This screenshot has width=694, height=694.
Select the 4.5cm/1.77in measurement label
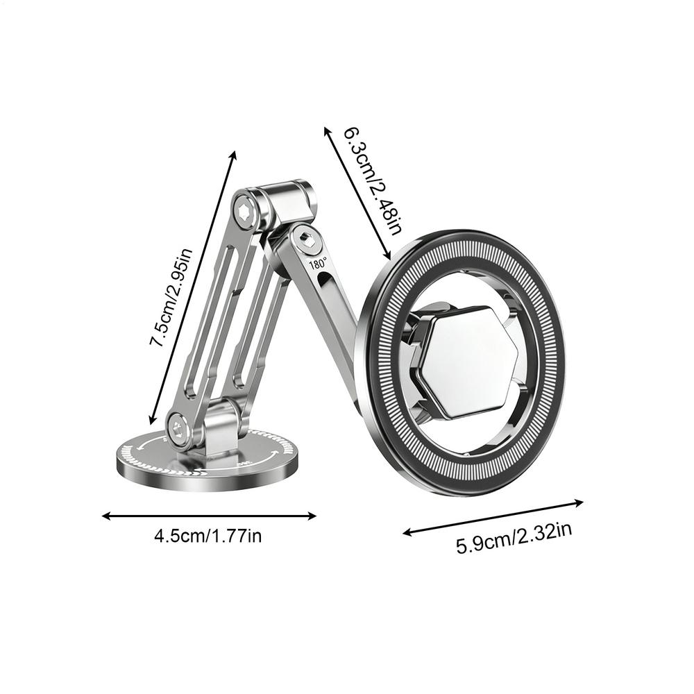tap(208, 536)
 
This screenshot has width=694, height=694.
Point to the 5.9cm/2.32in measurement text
tap(514, 538)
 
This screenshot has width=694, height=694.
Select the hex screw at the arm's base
tap(179, 428)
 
